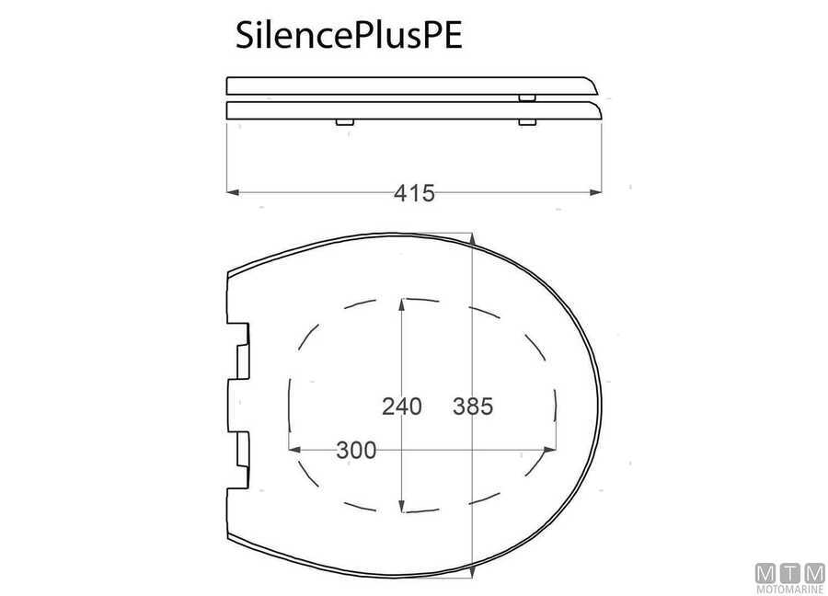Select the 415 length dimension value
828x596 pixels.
pos(414,193)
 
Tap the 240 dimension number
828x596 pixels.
pos(401,405)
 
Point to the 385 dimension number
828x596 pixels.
pos(473,405)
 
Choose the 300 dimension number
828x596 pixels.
pos(356,450)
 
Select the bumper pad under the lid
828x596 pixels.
pos(527,96)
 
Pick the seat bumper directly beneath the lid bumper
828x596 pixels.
pos(526,121)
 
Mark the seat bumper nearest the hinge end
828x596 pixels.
pos(342,121)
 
